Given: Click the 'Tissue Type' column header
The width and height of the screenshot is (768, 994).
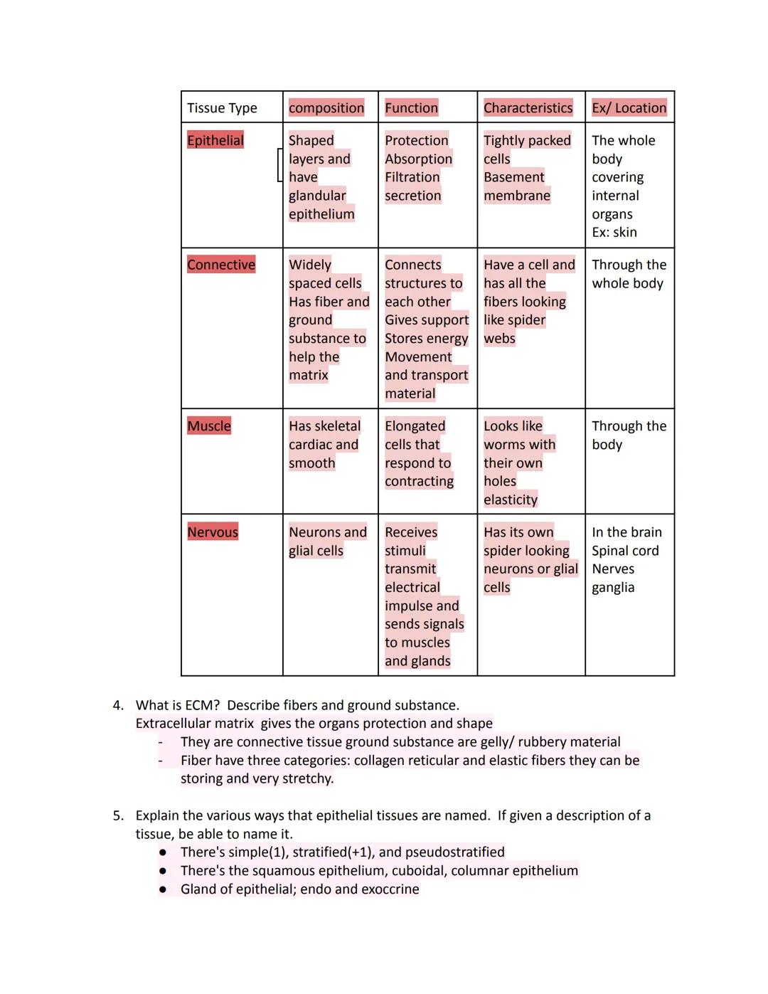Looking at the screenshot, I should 222,108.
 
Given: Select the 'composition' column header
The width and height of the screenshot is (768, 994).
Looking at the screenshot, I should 326,108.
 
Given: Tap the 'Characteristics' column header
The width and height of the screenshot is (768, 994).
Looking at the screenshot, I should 528,108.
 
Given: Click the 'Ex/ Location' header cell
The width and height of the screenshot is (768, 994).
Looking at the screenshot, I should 629,108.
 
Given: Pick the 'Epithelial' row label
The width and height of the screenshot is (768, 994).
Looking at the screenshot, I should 215,140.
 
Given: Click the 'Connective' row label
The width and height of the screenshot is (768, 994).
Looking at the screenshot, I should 221,265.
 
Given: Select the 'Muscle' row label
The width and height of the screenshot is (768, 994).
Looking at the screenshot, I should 209,426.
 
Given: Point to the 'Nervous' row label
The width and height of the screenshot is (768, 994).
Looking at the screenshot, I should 213,532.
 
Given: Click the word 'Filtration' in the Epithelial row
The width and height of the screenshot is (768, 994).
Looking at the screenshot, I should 412,177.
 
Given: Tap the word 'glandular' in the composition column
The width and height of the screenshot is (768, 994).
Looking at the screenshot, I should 317,196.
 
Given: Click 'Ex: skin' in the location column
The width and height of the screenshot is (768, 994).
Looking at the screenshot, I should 614,233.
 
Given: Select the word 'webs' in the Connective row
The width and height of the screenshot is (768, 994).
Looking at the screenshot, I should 499,339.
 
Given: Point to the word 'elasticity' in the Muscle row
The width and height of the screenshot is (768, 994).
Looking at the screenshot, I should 511,500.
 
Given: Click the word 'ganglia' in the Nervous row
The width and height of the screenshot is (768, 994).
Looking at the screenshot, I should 613,588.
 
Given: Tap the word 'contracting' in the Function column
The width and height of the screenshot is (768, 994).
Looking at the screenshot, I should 419,482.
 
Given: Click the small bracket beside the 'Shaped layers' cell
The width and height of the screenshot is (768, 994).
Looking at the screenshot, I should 279,165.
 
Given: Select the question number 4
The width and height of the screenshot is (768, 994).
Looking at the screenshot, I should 118,705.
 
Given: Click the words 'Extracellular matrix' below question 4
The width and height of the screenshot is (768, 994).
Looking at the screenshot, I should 195,724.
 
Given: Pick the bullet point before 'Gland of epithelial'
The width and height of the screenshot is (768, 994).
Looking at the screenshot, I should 163,889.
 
